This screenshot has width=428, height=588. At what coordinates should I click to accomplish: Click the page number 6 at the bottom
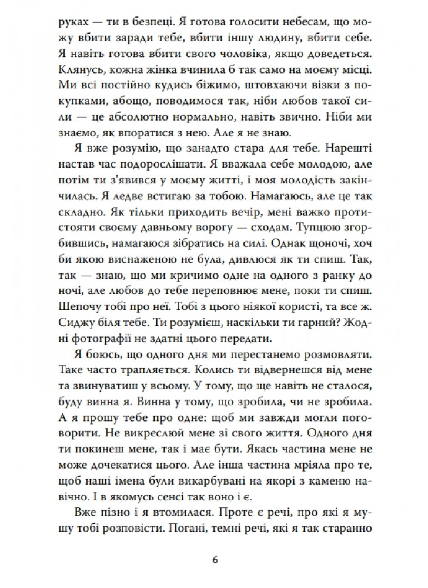pyautogui.click(x=216, y=559)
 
